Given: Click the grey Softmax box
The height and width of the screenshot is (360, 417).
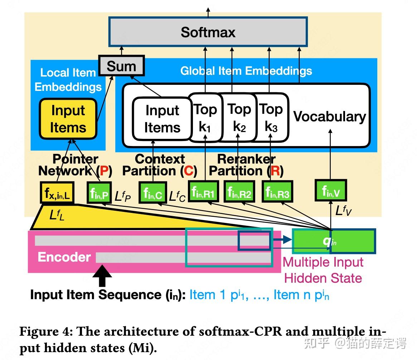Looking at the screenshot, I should coord(208,32).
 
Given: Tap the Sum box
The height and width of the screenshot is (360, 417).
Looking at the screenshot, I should coord(121,66).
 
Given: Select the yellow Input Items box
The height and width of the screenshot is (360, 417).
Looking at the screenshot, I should coord(68,119).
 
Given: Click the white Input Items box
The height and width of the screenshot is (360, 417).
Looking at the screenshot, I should coord(162,119).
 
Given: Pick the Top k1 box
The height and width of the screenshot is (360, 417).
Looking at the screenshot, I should coord(205,118).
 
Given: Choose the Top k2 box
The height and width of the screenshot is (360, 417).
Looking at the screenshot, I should coord(239,118).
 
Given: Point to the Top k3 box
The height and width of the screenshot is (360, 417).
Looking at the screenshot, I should coord(271,118).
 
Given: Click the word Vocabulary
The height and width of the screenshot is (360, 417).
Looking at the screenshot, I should coord(329,117).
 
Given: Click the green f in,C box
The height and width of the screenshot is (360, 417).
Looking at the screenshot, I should coord(153,194).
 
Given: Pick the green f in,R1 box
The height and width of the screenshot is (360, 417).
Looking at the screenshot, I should coord(203,193).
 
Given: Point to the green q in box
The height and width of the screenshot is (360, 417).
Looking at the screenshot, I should coord(333,241).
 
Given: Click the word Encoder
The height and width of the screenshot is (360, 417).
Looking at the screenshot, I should coord(64,257).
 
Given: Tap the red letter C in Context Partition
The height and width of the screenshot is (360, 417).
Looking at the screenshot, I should coord(188,171).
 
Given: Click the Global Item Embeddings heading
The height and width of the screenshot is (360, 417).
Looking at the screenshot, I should coord(246,71).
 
